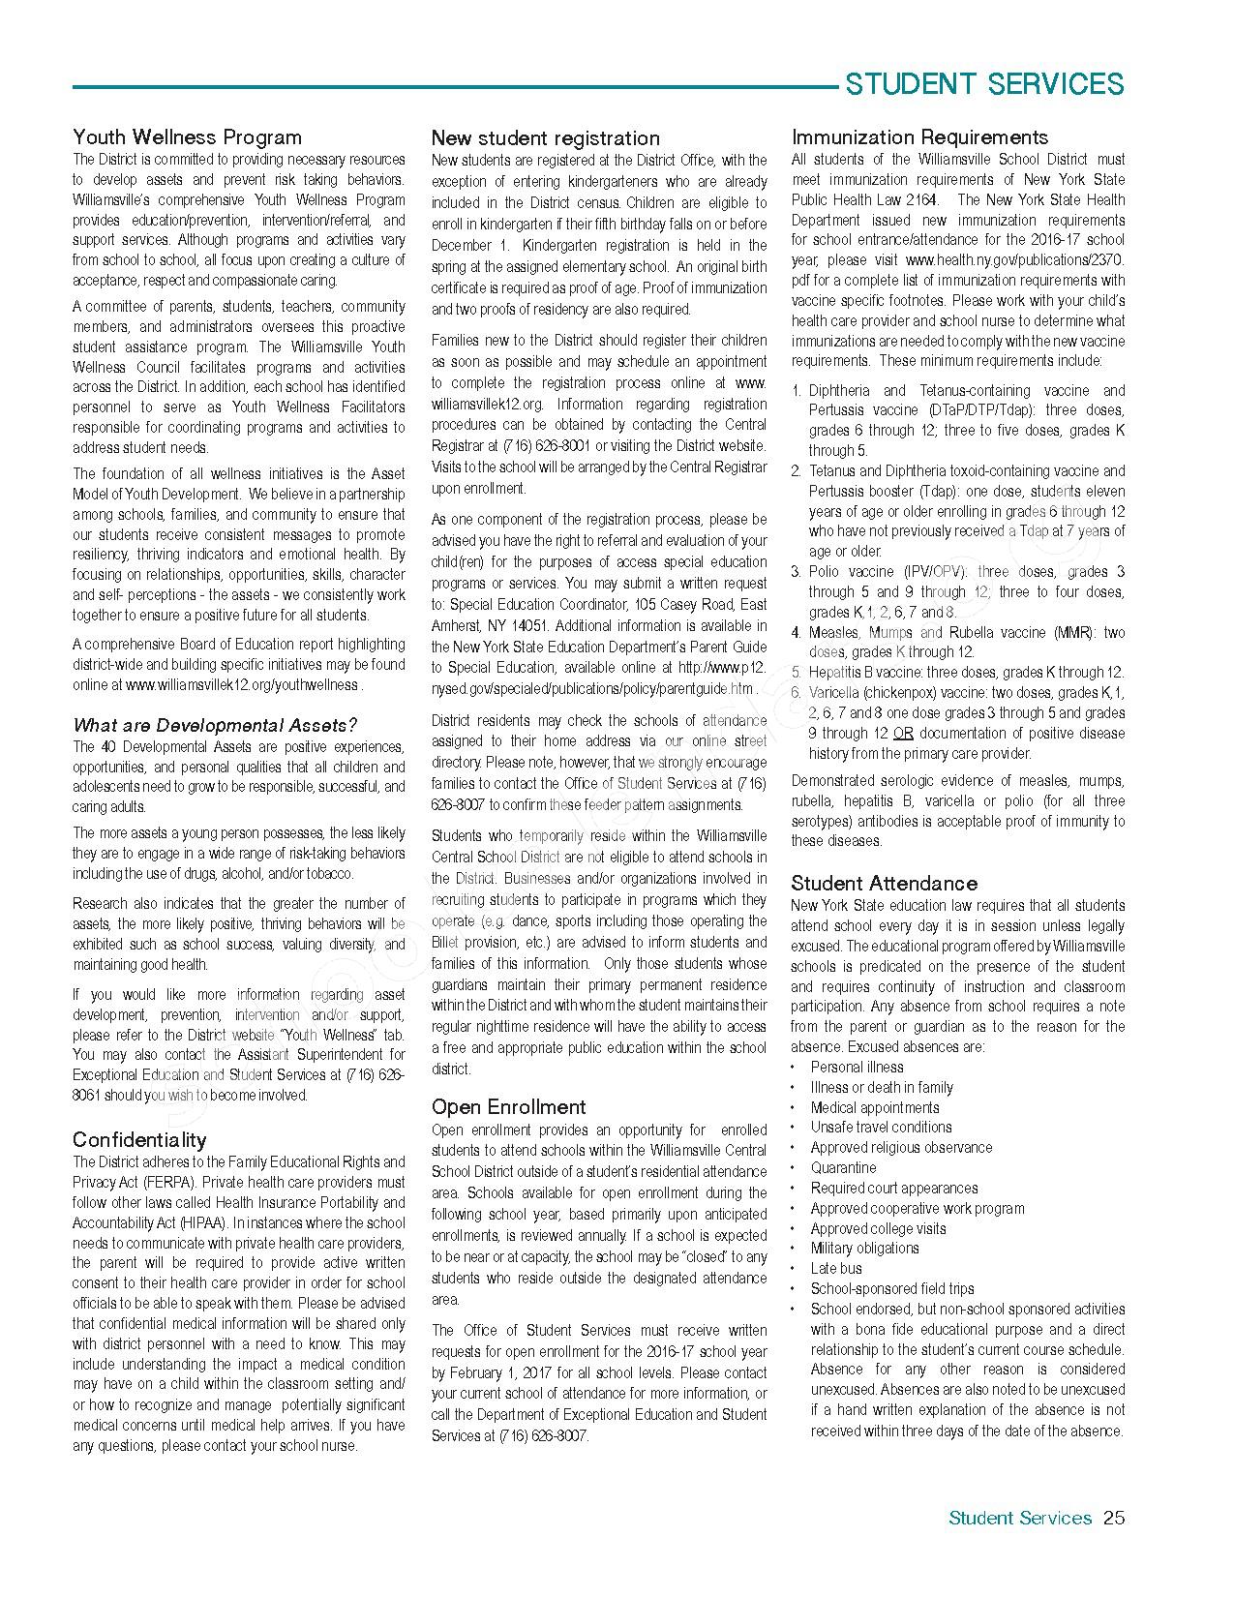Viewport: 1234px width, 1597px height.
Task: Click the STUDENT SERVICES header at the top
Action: (x=984, y=84)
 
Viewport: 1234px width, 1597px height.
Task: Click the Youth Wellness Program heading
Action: (x=187, y=137)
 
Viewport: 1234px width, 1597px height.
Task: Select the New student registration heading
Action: (x=545, y=138)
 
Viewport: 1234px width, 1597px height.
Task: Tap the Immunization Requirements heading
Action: (x=919, y=137)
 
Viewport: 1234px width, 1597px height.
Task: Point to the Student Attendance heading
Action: (x=884, y=883)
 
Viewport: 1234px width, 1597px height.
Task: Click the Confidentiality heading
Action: (x=139, y=1139)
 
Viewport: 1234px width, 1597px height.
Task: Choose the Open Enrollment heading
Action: (x=508, y=1107)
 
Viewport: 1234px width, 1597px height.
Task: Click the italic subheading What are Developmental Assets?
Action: (x=216, y=725)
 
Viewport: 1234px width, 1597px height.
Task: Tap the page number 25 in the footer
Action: (x=1114, y=1518)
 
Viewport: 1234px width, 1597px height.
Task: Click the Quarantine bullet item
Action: (x=843, y=1167)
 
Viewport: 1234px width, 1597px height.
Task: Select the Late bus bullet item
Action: (x=836, y=1268)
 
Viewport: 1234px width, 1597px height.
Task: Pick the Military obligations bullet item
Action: (x=864, y=1248)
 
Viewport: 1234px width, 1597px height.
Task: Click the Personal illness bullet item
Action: (x=857, y=1067)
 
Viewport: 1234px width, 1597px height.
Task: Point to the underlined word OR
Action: (x=902, y=733)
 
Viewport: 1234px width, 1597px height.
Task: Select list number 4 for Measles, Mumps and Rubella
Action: (x=796, y=632)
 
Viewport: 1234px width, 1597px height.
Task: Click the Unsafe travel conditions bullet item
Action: (x=881, y=1127)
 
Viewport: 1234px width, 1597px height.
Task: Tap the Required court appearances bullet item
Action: (x=893, y=1188)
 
